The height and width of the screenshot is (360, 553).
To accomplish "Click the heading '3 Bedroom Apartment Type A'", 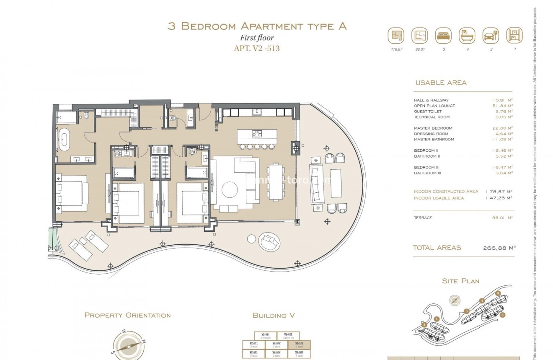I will (257, 26).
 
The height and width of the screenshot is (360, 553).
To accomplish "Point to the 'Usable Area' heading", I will (441, 83).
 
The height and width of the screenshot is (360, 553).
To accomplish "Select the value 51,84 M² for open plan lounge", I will (502, 106).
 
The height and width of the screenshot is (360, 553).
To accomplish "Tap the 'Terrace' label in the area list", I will (423, 218).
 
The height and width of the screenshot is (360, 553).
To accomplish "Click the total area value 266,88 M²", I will (499, 248).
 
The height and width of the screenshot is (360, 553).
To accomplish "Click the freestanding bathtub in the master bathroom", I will (65, 140).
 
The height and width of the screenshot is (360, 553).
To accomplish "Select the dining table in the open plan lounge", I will (276, 182).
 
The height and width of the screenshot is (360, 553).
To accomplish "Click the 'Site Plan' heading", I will (460, 281).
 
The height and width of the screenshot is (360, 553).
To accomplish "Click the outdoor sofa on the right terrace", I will (316, 183).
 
